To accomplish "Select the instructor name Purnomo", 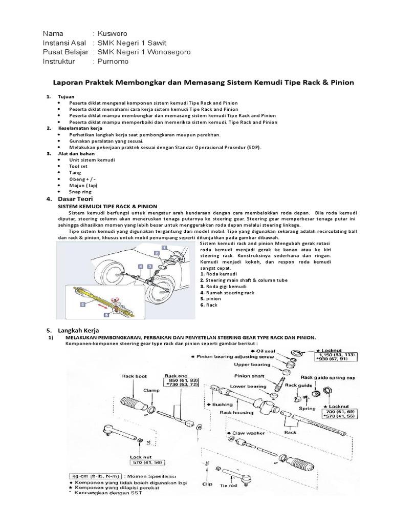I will tap(112, 62).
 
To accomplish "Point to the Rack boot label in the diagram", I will tap(134, 376).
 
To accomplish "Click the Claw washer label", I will tap(249, 433).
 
